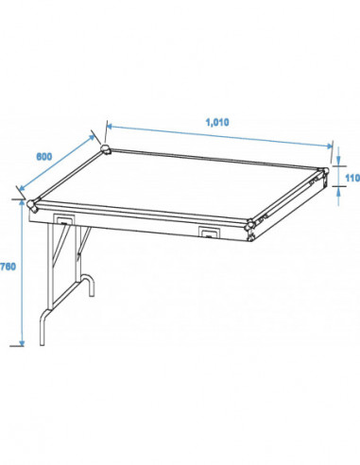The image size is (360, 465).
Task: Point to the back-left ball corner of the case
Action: click(x=106, y=149)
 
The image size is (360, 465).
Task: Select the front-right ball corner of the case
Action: click(x=250, y=224)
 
